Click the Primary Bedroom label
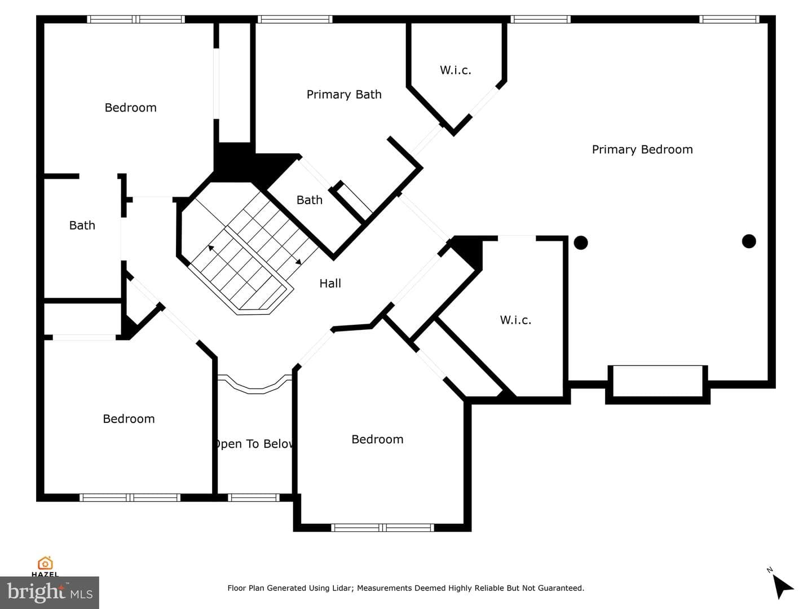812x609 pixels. [x=642, y=149]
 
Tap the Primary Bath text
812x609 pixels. [x=344, y=95]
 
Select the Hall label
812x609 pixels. [x=330, y=283]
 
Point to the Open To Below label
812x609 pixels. [x=254, y=444]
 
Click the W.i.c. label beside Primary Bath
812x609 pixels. [x=456, y=70]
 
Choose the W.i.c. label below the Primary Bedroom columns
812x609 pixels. [x=515, y=320]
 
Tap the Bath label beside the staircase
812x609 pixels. [x=309, y=200]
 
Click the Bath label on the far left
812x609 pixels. [x=82, y=225]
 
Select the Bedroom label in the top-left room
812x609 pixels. [x=131, y=108]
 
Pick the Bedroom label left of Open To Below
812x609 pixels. [x=129, y=419]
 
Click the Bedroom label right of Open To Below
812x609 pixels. [x=377, y=439]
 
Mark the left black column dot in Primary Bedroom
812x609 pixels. [x=581, y=243]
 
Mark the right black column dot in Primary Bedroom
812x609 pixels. [x=749, y=241]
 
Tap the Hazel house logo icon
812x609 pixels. [x=45, y=563]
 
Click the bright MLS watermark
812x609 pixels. [x=50, y=593]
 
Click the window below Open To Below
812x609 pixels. [x=253, y=498]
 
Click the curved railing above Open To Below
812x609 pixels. [x=255, y=387]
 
